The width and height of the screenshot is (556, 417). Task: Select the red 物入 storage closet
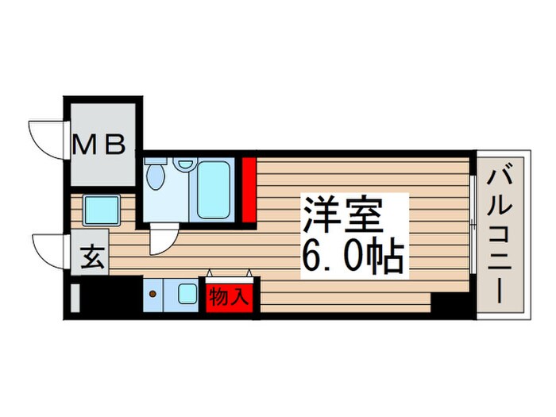click(x=230, y=299)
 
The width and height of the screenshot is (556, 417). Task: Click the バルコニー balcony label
click(x=500, y=234)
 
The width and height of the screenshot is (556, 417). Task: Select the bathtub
click(x=213, y=190)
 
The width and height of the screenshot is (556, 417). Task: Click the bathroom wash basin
click(x=186, y=164)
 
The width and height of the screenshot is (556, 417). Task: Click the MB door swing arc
click(x=46, y=136)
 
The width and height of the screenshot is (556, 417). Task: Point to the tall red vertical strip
click(x=249, y=190)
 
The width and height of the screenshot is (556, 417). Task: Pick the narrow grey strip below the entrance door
click(x=75, y=298)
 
